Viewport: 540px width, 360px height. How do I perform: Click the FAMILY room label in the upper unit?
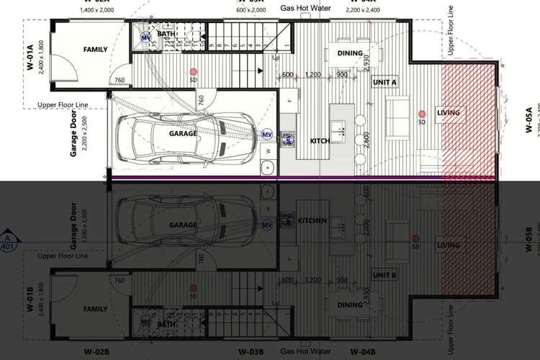tap(96, 50)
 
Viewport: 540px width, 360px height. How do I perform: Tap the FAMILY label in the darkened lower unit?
tap(96, 309)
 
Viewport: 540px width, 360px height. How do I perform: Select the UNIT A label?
tap(384, 83)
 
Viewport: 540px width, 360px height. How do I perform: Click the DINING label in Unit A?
tap(349, 53)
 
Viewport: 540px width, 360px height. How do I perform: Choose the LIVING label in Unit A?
tap(448, 112)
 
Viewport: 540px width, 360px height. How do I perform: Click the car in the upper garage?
tap(184, 134)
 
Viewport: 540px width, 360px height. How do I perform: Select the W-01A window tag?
tap(31, 56)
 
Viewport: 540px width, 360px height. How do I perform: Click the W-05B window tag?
tap(528, 238)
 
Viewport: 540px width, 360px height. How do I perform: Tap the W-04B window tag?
tap(363, 351)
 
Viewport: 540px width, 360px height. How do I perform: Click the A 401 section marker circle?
tap(8, 241)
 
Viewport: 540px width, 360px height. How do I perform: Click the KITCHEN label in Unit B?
tap(312, 220)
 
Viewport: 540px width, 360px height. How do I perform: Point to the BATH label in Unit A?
tap(166, 34)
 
